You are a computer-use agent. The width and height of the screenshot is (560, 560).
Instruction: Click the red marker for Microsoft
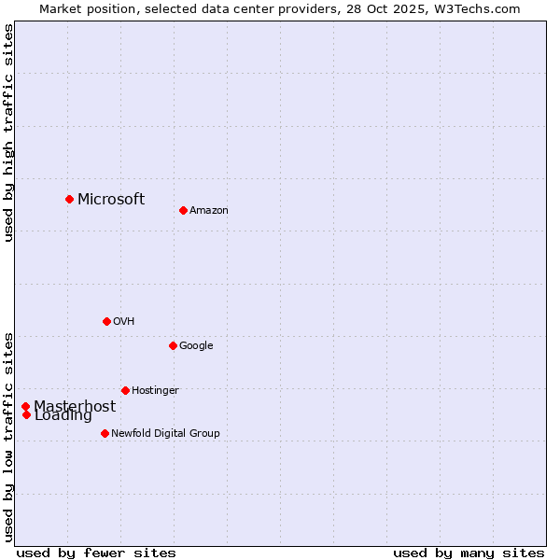(69, 199)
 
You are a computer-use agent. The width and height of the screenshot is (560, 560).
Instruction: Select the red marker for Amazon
(183, 210)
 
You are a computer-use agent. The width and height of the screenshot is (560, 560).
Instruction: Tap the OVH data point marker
(106, 321)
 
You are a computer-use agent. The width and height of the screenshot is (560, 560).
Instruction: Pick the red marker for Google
(173, 345)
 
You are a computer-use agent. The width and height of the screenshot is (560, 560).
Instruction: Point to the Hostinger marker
(125, 390)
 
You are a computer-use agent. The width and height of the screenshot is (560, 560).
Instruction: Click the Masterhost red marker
(25, 406)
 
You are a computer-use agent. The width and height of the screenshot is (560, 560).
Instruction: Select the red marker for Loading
(26, 415)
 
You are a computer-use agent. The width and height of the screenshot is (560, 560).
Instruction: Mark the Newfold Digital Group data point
(105, 433)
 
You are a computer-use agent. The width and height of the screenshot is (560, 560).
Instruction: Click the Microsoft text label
(111, 199)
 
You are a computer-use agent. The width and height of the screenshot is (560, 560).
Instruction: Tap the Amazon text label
(209, 211)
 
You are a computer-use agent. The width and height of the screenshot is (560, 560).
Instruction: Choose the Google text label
(196, 346)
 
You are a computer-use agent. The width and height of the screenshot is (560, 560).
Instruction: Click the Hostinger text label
(155, 391)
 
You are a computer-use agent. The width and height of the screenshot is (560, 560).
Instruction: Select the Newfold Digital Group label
(165, 434)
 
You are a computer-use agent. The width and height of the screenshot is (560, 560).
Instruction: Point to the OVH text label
(124, 322)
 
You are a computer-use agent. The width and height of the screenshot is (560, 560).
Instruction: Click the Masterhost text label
(75, 406)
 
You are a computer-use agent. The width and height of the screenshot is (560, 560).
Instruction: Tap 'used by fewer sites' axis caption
(96, 553)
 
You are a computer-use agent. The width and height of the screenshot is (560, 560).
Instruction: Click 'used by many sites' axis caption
(469, 553)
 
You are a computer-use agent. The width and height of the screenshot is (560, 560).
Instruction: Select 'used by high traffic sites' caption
(8, 133)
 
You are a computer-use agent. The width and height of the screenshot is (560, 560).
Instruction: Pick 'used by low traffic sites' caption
(8, 436)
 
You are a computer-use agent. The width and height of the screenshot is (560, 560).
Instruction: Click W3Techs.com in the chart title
(474, 8)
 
